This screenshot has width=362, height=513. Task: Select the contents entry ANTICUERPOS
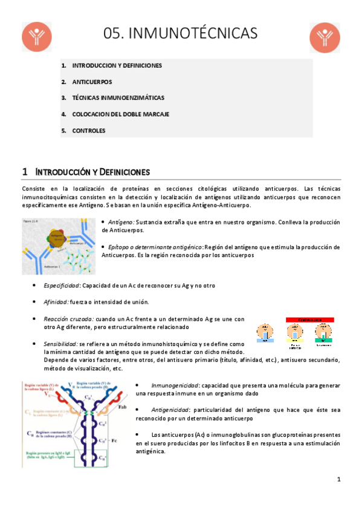92,81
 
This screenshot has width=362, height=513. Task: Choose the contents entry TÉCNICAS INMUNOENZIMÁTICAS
118,97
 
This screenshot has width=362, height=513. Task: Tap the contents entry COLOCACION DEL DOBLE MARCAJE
120,114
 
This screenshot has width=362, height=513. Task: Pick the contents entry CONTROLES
89,130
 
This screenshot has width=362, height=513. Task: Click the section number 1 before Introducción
24,171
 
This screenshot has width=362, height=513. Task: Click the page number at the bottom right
339,479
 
